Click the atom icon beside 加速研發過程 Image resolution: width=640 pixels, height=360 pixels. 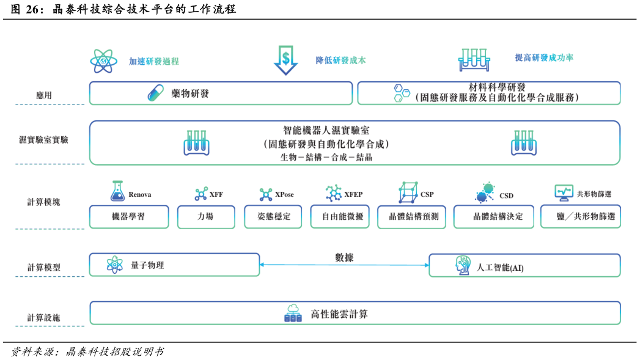point(103,61)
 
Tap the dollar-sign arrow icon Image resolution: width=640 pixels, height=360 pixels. point(285,60)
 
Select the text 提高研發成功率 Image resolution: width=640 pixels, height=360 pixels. point(544,58)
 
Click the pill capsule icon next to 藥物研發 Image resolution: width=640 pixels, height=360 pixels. point(156,93)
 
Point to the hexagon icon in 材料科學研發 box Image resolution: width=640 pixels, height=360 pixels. point(402,93)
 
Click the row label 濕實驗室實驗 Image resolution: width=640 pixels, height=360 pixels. point(43,140)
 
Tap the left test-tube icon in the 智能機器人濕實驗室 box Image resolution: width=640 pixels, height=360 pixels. point(196,143)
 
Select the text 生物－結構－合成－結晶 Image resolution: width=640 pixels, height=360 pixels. point(326,157)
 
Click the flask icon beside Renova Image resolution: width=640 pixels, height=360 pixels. point(117,192)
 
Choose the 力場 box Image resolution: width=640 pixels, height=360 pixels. point(206,216)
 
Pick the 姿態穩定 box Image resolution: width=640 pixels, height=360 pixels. point(273,216)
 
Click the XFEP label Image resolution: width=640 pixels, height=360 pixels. point(353,194)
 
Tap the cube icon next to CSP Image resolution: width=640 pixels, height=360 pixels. point(408,193)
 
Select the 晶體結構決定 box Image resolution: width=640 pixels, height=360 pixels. point(493,216)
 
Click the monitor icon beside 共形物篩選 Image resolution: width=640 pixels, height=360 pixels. point(564,193)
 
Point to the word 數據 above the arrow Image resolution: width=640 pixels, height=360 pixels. point(344,257)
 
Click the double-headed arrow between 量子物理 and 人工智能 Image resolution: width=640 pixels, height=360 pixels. point(344,265)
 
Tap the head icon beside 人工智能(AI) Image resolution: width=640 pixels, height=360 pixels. point(463,265)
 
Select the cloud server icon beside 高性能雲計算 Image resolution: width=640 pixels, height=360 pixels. point(293,314)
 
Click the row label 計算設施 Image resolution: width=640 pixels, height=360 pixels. point(43,318)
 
